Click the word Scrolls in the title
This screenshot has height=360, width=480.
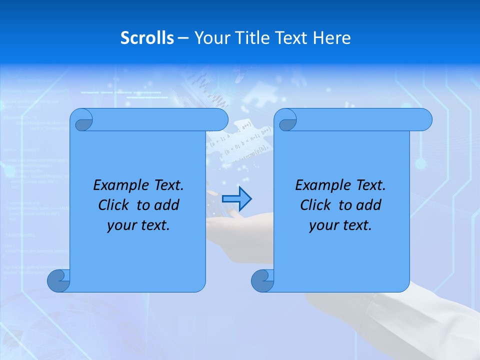(147, 38)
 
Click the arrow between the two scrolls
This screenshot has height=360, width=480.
(236, 199)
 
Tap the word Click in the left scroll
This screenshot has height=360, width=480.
(114, 205)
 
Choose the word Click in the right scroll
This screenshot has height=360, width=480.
(316, 205)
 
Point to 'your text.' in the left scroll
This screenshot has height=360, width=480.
(138, 225)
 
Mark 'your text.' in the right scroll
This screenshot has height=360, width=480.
(340, 225)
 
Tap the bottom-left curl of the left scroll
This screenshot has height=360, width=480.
(58, 280)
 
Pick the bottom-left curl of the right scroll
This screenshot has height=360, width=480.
(262, 280)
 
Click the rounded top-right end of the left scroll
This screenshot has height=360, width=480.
(220, 120)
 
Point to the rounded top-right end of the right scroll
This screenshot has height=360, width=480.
(424, 120)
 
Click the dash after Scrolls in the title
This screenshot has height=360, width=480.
(183, 38)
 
